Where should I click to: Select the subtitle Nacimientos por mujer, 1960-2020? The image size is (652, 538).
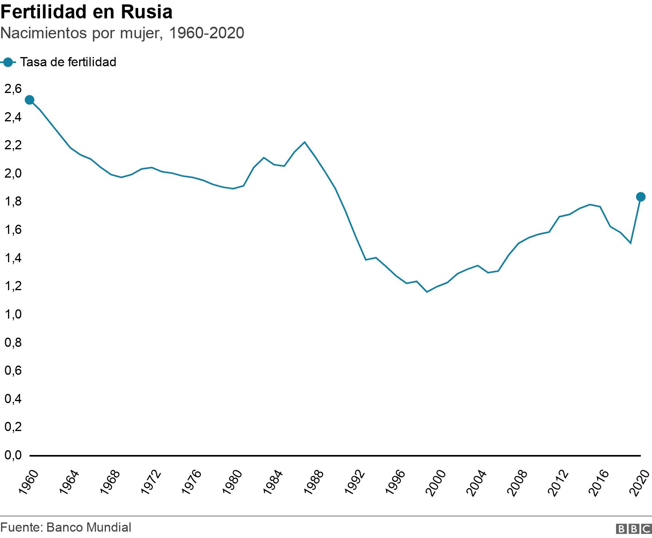click(x=122, y=33)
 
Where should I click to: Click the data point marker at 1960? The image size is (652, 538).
click(x=29, y=100)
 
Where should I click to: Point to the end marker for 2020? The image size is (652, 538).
click(x=640, y=197)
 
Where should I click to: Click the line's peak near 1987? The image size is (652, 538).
click(x=305, y=142)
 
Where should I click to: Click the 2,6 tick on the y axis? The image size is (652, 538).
click(x=12, y=89)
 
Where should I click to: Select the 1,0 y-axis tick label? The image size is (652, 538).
click(x=12, y=314)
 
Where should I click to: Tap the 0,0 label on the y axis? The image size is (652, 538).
click(x=12, y=455)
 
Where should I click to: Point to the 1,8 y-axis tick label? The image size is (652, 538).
click(x=12, y=202)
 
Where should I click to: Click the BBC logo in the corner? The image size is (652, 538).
click(x=634, y=529)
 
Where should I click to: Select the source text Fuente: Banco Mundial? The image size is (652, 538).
click(x=66, y=527)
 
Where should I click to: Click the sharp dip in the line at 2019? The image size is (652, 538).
click(x=630, y=243)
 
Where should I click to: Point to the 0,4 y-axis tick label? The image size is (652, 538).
click(x=12, y=399)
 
